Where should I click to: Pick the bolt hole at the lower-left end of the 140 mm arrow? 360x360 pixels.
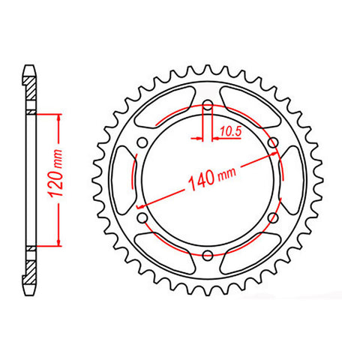142,217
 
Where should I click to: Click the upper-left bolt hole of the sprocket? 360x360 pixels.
142,142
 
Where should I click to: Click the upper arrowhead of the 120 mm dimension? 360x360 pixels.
56,117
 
